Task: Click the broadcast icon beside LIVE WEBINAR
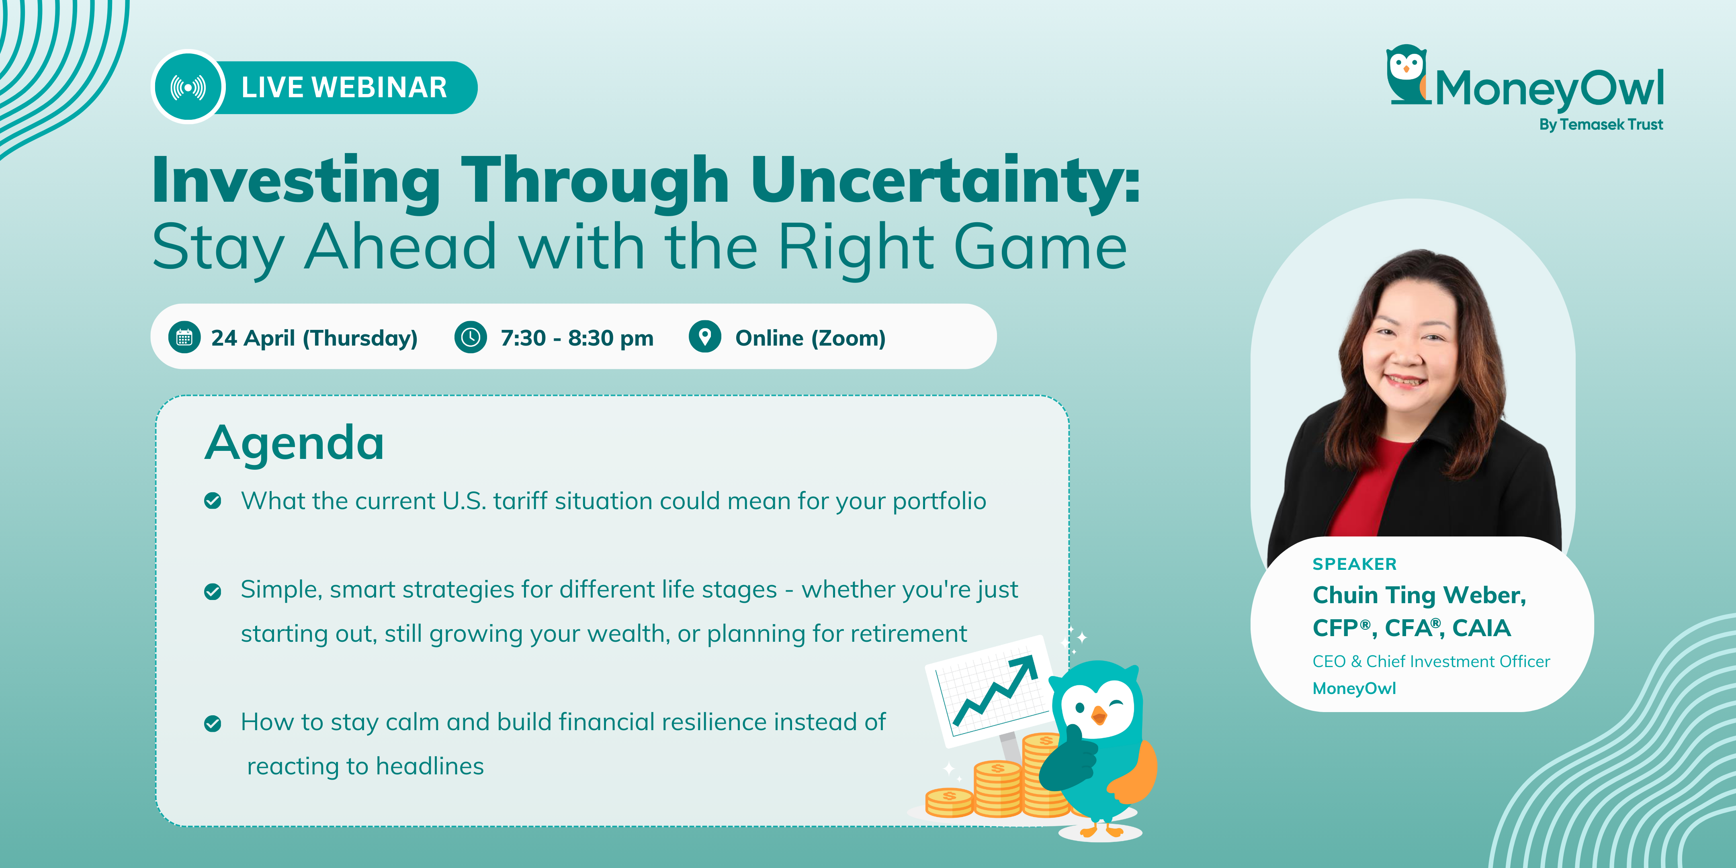(x=188, y=88)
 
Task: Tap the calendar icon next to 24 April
(x=184, y=337)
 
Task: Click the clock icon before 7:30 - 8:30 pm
(x=471, y=337)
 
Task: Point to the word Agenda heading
(x=295, y=443)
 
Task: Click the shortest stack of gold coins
(x=949, y=802)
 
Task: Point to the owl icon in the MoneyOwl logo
(x=1408, y=74)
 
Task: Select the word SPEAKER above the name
(x=1355, y=564)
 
